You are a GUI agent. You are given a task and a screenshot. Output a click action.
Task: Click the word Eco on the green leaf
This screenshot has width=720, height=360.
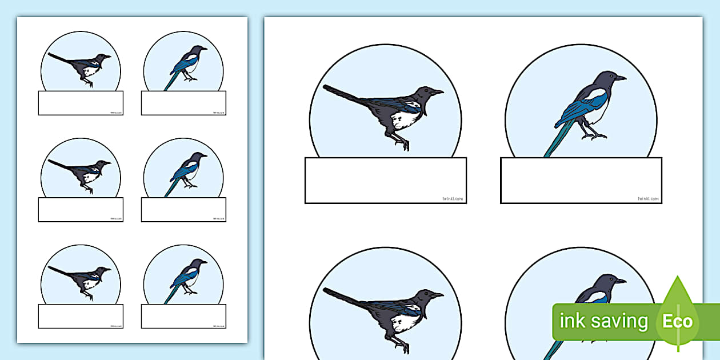click(678, 321)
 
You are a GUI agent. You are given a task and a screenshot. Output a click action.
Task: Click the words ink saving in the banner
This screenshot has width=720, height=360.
click(603, 321)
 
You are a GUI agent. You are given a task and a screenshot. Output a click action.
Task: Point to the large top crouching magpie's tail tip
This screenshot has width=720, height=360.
click(325, 87)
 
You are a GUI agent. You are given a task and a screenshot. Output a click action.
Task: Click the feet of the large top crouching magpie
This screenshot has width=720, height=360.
click(403, 143)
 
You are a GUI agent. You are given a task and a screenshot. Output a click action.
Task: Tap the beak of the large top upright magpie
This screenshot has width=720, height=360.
click(621, 78)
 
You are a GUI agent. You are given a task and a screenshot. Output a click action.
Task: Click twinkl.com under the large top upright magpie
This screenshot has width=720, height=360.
click(648, 199)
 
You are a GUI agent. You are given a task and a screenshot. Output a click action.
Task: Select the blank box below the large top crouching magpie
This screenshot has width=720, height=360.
click(385, 180)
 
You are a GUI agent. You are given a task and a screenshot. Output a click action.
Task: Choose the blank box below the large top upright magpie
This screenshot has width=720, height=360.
click(581, 180)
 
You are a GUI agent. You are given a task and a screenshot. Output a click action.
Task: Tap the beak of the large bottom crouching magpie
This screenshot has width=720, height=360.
click(438, 295)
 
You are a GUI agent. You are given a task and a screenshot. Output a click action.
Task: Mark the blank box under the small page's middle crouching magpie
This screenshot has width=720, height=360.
click(81, 210)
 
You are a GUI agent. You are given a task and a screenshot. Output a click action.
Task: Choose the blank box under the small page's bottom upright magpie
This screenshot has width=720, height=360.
click(183, 316)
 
